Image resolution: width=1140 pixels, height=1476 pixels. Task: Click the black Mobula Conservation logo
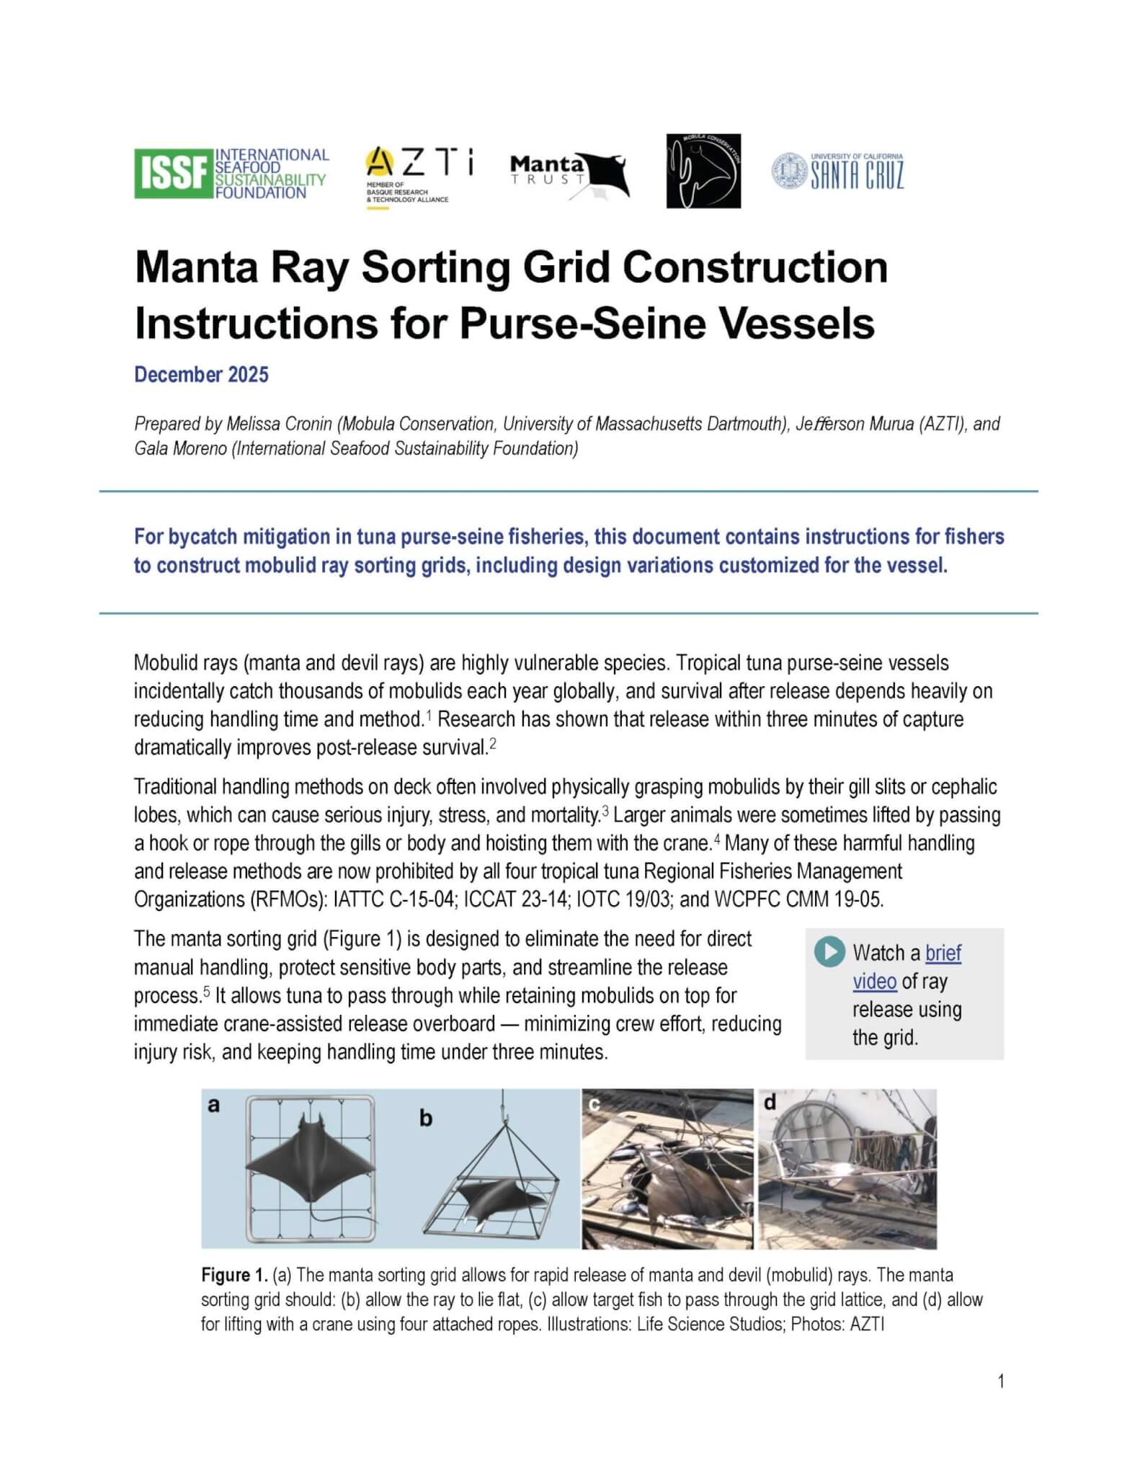coord(703,172)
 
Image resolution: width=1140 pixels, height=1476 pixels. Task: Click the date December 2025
coord(201,375)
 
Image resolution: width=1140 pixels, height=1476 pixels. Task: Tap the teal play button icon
coord(829,951)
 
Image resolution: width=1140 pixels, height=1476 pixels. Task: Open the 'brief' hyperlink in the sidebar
coord(943,953)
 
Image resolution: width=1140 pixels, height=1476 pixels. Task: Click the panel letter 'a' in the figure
coord(213,1105)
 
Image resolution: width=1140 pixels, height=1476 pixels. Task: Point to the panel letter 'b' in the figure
coord(426,1119)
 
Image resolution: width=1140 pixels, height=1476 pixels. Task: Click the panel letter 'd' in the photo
coord(770,1103)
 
